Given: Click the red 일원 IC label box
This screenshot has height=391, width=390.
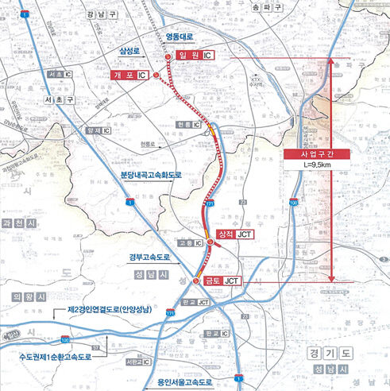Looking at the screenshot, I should [195, 56].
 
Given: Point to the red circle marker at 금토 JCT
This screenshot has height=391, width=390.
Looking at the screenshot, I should [197, 281].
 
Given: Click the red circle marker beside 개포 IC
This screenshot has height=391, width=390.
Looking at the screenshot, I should [156, 75].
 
